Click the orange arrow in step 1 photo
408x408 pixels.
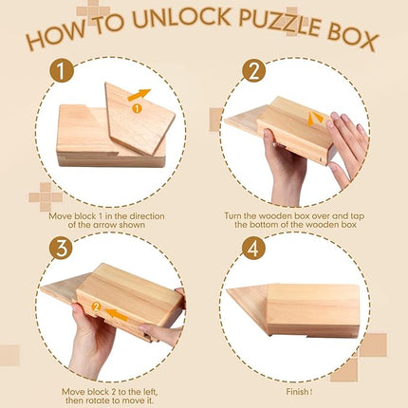click(x=139, y=95)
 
